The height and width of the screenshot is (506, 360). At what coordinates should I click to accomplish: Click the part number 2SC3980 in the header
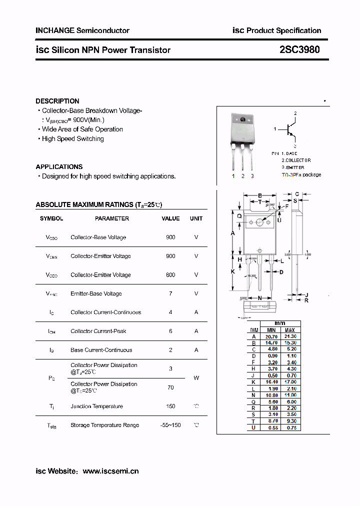coord(300,49)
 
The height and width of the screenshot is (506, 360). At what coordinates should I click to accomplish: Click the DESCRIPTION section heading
coord(57,101)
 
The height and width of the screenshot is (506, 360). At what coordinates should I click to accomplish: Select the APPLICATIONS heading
coord(59,166)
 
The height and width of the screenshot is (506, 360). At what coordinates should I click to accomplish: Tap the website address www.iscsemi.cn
coord(110,471)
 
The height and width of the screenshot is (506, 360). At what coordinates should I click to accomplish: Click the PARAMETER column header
coord(112,218)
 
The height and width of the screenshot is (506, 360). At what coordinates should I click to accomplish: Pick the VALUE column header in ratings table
coord(170,218)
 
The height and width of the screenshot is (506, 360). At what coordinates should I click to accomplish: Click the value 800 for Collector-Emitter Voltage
coord(170,275)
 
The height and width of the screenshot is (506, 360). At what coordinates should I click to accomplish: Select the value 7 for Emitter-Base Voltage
coord(170,293)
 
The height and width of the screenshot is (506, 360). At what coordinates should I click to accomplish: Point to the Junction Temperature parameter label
coord(96,406)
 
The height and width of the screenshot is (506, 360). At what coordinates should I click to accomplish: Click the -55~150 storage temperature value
coord(170,425)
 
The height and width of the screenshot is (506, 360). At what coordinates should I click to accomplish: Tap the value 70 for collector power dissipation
coord(170,387)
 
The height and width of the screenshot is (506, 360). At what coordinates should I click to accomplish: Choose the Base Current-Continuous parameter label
coord(101,350)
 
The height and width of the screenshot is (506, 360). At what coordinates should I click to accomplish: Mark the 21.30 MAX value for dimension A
coord(290,336)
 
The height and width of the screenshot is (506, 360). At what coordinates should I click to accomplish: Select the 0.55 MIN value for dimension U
coord(271,428)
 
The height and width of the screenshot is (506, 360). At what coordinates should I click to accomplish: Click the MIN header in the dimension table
coord(271,330)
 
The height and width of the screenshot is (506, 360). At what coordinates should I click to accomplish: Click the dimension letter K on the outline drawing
coord(233,271)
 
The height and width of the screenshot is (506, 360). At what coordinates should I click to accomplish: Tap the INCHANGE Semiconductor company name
coord(82,30)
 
